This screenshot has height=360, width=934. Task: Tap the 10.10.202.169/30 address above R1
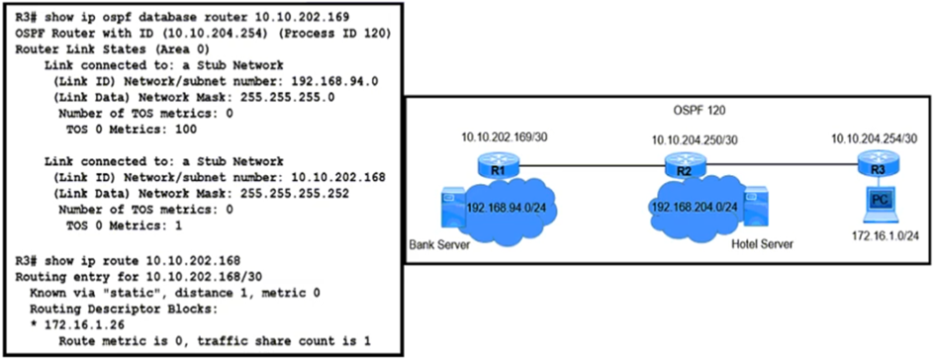point(501,138)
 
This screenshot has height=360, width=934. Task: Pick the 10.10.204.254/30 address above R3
point(878,138)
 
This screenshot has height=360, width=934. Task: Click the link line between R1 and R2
point(592,166)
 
